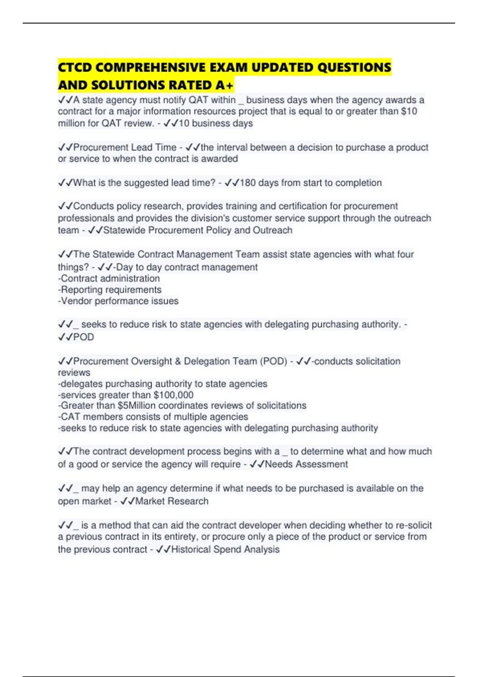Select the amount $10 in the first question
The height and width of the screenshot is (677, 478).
(409, 111)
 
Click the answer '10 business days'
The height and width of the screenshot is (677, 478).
(215, 123)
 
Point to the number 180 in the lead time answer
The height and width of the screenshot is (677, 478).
(248, 183)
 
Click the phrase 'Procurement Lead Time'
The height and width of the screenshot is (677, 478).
(125, 147)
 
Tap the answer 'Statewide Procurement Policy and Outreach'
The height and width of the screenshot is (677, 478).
(198, 230)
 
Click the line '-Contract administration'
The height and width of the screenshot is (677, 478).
(109, 278)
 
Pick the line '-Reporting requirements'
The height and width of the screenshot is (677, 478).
(110, 290)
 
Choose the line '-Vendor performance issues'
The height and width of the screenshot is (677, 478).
(118, 301)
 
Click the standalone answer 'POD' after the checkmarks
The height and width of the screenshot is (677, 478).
(84, 337)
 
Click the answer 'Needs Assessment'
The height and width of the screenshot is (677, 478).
(306, 464)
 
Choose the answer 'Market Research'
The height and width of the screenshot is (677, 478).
(172, 501)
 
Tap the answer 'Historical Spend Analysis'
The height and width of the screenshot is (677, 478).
(225, 549)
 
